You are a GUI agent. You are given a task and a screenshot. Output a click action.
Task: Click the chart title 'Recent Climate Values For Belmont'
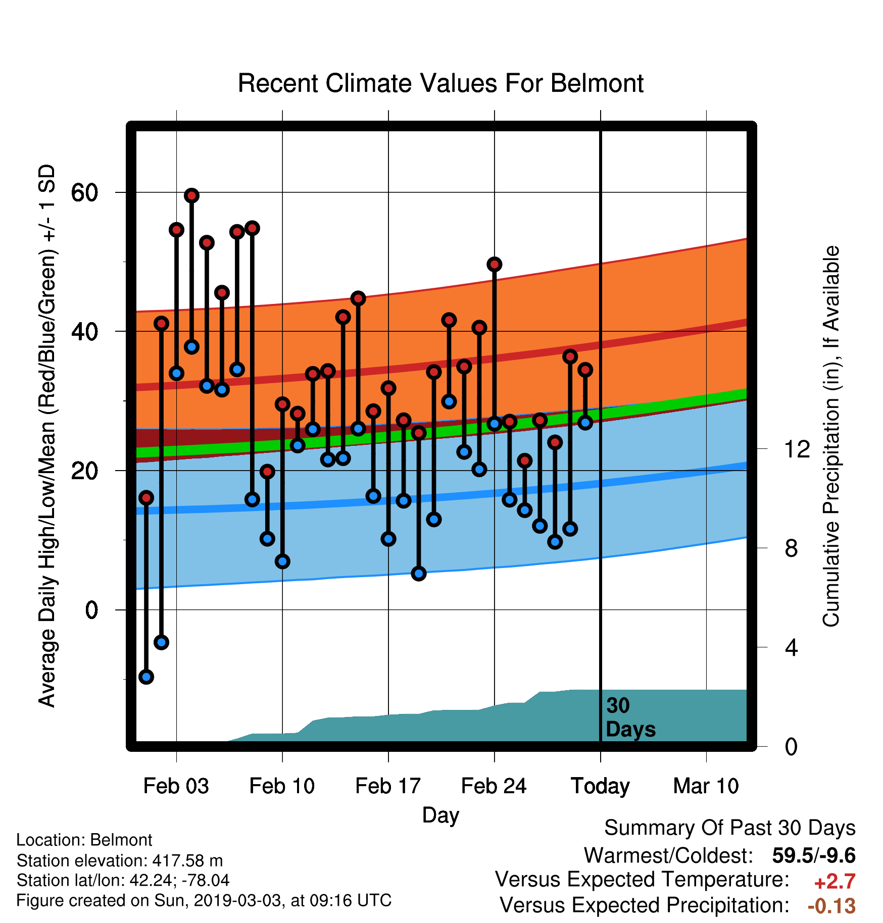coord(440,83)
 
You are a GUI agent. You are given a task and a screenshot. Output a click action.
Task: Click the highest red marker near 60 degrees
coord(191,195)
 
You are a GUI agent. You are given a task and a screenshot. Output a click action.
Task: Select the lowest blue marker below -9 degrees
coord(146,677)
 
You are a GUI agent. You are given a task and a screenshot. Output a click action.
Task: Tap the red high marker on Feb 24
coord(495,264)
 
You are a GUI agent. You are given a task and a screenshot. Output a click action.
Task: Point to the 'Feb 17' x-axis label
coord(388,786)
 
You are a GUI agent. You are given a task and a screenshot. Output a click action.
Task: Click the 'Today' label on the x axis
coord(600,787)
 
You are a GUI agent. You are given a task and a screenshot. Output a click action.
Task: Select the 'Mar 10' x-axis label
coord(706,786)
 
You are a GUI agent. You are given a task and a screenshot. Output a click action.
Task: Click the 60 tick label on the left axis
coord(84,192)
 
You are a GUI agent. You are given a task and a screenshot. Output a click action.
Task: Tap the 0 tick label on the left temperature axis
coord(91,610)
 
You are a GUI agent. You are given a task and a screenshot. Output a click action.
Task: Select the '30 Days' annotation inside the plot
coord(630,717)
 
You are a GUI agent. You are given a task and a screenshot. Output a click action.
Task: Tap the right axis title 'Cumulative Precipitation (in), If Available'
coord(831,436)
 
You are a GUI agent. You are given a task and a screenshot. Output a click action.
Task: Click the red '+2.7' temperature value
coord(835,882)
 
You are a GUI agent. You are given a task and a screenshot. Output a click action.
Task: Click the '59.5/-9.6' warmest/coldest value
coord(814,856)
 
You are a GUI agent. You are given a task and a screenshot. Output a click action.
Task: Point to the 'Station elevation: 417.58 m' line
coord(120,860)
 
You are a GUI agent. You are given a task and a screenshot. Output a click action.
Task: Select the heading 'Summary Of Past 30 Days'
coord(730,829)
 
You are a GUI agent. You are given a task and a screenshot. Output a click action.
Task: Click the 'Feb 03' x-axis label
coord(176,786)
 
